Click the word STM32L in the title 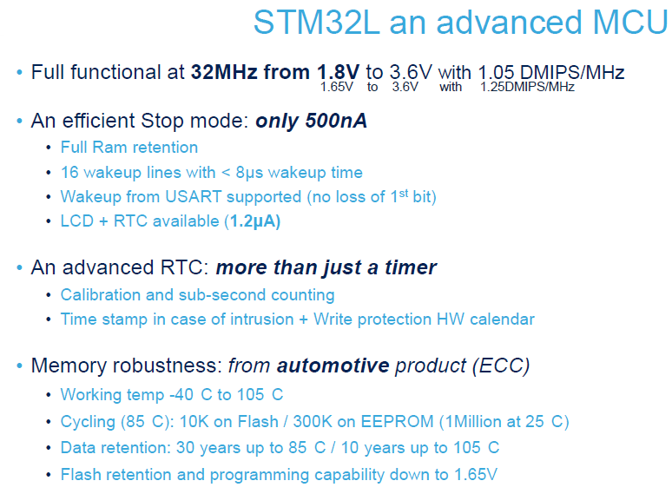(316, 23)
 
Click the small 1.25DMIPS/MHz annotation (527, 87)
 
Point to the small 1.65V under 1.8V (336, 87)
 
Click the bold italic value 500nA (336, 121)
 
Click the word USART (194, 197)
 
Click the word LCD (77, 221)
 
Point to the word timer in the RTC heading (411, 267)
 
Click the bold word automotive (333, 366)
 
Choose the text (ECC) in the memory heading (501, 366)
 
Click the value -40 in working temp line (181, 395)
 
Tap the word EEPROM (397, 422)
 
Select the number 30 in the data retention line (185, 448)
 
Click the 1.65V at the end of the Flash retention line (476, 475)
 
